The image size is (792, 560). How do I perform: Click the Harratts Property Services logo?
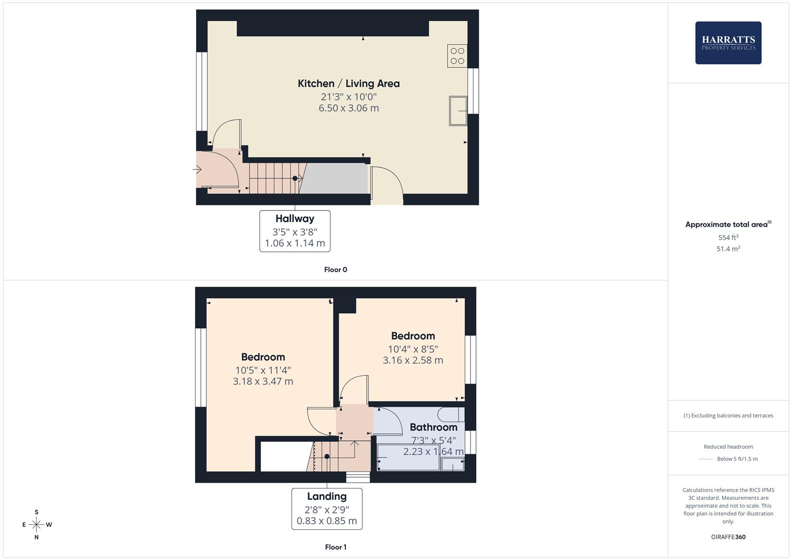728,43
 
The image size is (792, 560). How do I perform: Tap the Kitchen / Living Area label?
349,83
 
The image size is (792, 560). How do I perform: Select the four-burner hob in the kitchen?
457,56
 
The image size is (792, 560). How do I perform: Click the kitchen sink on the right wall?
457,110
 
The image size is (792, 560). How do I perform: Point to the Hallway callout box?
295,231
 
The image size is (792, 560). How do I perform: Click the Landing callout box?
327,509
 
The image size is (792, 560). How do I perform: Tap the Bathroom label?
433,427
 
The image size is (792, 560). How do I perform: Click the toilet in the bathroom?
450,414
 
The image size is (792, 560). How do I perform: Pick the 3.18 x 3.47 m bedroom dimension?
263,382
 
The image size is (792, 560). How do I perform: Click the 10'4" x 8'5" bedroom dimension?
413,349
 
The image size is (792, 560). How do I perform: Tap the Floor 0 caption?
336,270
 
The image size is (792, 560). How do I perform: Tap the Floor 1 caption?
336,547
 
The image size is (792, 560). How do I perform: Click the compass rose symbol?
36,525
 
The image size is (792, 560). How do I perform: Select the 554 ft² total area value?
728,237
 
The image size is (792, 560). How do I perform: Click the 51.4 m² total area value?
728,249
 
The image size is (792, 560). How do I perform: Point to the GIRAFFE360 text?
728,537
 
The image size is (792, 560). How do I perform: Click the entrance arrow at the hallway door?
197,169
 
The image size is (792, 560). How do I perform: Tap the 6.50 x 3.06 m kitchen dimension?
349,108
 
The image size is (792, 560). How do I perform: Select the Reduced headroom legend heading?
728,447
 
